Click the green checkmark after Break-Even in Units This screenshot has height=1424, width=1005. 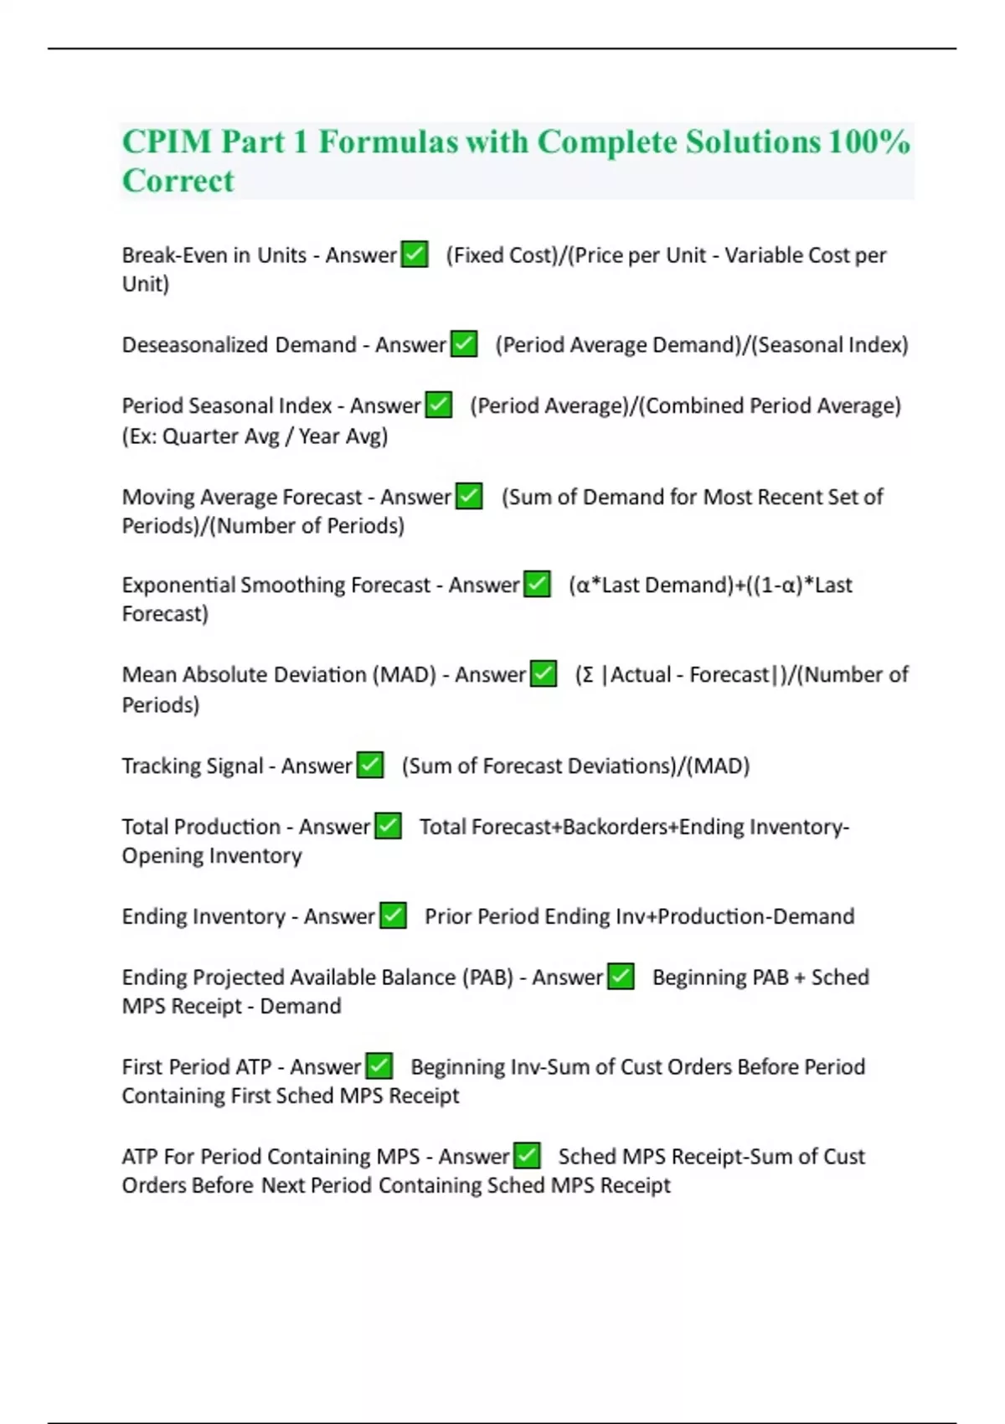pos(415,254)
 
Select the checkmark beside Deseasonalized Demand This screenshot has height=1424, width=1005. pos(464,343)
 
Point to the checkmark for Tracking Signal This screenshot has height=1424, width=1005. pos(370,765)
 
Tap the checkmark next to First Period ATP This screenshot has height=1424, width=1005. pos(379,1065)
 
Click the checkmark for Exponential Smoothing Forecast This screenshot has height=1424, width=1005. pos(537,584)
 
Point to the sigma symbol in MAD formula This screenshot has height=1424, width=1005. pos(587,674)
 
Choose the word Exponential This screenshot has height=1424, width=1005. pos(178,585)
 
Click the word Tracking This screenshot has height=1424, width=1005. pos(152,766)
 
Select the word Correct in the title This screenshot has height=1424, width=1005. pos(178,181)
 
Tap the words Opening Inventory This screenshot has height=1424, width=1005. pos(212,855)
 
